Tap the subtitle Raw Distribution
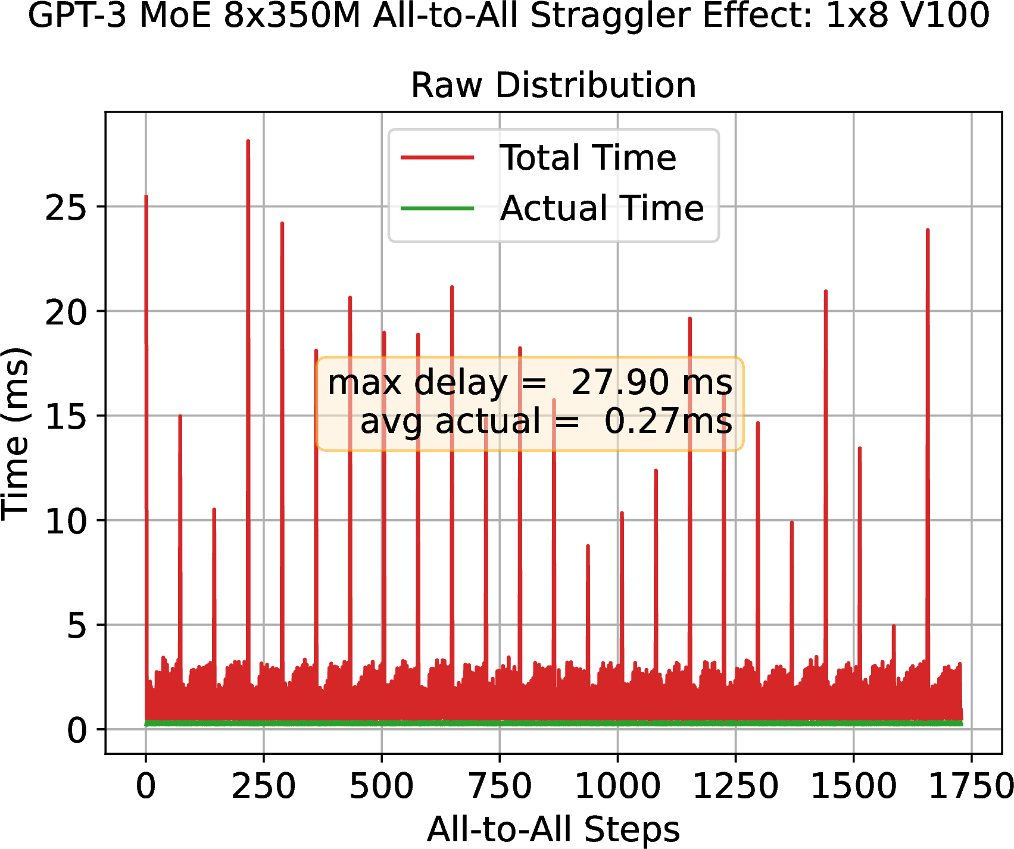coord(554,85)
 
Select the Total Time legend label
coord(588,158)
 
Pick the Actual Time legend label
coord(602,208)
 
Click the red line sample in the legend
coord(438,158)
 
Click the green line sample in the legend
coord(438,208)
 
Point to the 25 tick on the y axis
coord(65,208)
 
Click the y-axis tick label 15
coord(65,417)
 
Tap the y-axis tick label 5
coord(77,626)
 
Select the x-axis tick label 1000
coord(617,786)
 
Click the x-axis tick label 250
coord(263,786)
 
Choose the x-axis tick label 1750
coord(972,786)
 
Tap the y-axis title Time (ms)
coord(16,433)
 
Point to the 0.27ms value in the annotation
coord(668,422)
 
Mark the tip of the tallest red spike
coord(248,141)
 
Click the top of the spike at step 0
coord(146,196)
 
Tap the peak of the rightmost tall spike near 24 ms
coord(928,230)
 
